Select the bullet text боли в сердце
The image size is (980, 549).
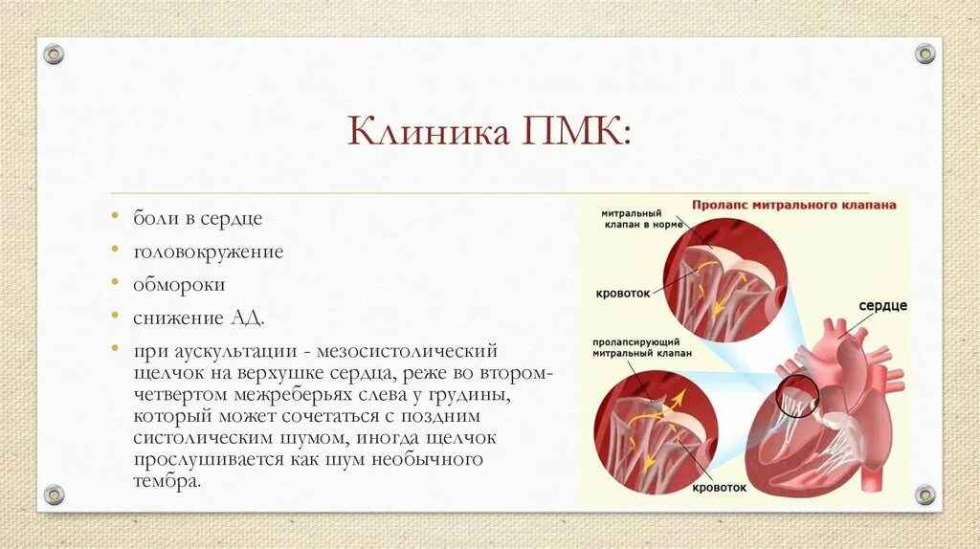198,218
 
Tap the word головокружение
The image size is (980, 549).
209,252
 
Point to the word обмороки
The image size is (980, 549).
180,284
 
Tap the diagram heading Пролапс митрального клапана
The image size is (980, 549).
793,204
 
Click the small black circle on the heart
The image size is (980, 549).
796,396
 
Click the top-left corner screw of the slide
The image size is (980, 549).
55,54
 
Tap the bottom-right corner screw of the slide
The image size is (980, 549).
924,494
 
